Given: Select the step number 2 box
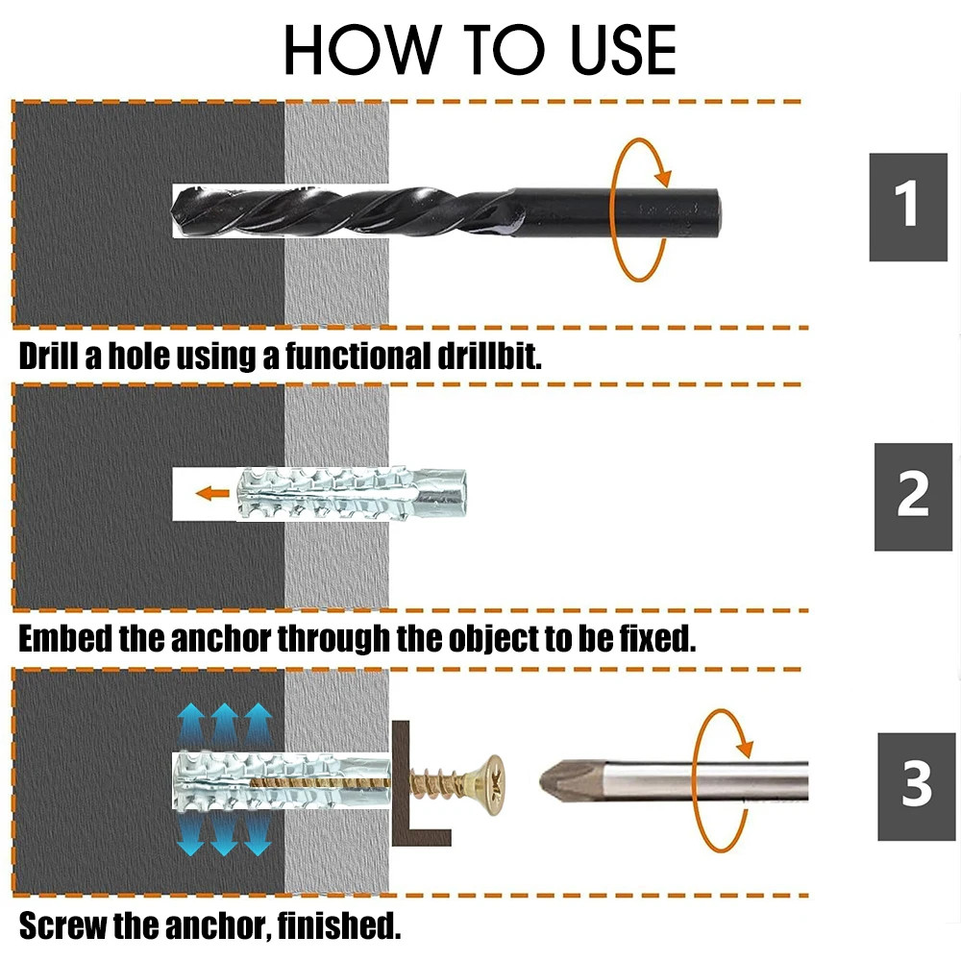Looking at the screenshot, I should tap(912, 496).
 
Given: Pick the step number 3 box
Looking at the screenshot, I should tap(916, 785).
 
